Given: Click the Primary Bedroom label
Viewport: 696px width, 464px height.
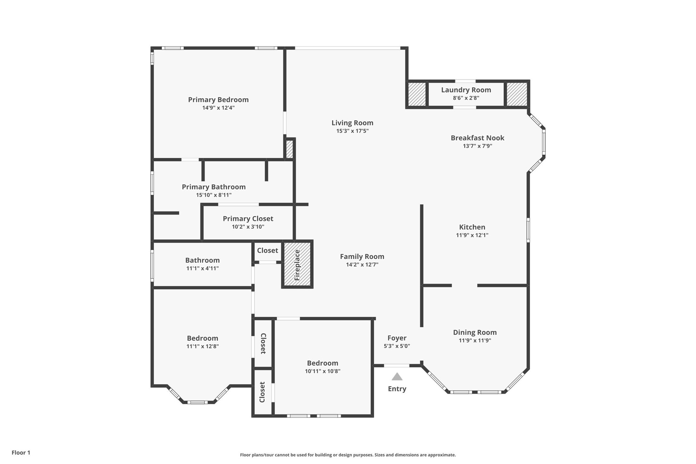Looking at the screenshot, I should click(x=218, y=100).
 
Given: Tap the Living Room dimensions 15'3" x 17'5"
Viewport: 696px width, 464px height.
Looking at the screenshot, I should click(x=352, y=131).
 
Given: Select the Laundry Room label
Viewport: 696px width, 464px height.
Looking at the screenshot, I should click(x=466, y=90).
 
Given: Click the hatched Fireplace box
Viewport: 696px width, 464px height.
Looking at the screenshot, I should click(x=297, y=264).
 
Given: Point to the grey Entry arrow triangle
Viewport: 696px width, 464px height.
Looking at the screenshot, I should click(x=397, y=377).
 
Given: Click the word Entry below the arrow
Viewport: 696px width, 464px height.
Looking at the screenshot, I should click(x=397, y=389).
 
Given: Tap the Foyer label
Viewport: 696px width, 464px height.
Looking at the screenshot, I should click(x=397, y=338).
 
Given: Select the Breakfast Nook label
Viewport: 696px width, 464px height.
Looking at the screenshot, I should click(x=477, y=138).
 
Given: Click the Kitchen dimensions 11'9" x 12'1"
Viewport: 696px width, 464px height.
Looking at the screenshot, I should click(x=472, y=235).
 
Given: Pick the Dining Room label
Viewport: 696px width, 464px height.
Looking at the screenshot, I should click(x=475, y=333).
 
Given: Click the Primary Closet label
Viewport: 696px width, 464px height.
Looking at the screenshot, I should click(x=248, y=219).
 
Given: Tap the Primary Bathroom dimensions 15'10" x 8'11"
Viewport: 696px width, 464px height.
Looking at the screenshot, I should click(x=214, y=195).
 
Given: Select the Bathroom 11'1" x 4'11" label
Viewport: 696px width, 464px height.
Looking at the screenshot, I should click(x=203, y=261).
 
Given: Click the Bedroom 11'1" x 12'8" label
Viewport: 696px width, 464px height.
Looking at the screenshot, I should click(x=203, y=338).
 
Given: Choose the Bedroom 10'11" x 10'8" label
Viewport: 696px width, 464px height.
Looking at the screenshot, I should click(x=322, y=363).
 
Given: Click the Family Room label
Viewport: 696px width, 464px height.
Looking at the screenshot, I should click(x=362, y=257).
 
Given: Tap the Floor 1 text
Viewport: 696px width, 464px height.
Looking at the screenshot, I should click(x=21, y=452).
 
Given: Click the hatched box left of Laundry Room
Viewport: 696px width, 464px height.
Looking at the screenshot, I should click(x=417, y=94).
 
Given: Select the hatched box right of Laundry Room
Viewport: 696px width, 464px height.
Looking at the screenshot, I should click(x=517, y=94).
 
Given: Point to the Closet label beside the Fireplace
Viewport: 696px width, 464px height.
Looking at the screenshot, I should click(x=268, y=251).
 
